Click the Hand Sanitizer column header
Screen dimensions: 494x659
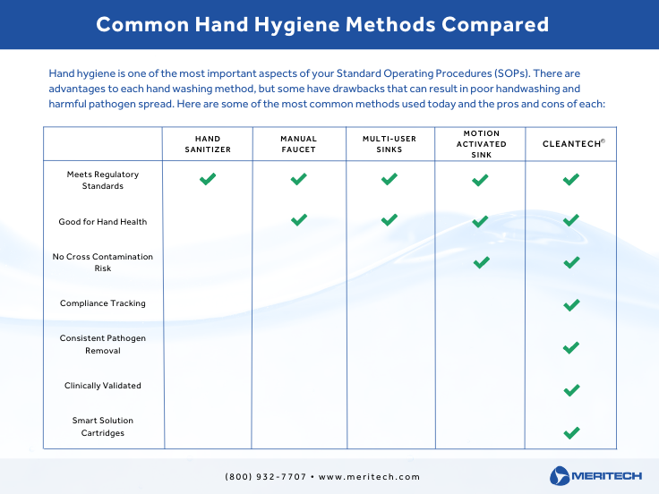coord(207,144)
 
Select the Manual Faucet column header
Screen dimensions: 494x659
coord(299,144)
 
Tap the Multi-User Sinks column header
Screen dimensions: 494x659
coord(389,144)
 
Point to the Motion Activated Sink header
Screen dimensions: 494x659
coord(482,143)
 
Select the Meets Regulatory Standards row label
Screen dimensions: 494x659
coord(103,180)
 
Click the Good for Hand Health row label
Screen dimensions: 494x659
coord(103,221)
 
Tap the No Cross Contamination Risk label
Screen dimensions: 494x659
coord(103,262)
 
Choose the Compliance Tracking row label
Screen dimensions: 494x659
coord(103,303)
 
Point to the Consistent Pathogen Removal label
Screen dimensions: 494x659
coord(103,345)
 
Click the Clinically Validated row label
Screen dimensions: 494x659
coord(103,386)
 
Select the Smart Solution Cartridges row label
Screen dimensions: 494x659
coord(103,426)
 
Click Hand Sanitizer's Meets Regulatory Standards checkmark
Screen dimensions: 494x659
coord(208,180)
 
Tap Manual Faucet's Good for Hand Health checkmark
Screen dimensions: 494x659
coord(299,220)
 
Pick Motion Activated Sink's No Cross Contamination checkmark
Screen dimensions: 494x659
coord(481,262)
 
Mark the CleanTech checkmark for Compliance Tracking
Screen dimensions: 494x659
coord(571,305)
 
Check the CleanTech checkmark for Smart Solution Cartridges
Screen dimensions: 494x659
coord(571,433)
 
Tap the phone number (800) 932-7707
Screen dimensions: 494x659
coord(265,477)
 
